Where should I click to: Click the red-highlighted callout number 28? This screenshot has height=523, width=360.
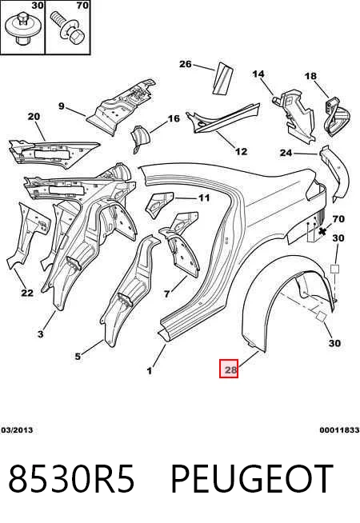coord(229,369)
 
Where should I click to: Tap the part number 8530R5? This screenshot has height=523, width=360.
coord(71,479)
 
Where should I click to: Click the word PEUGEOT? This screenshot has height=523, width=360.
coord(252,479)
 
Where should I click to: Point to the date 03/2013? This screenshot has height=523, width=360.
coord(17,430)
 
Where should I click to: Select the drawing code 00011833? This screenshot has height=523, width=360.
coord(339,430)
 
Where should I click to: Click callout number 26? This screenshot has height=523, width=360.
coord(186,64)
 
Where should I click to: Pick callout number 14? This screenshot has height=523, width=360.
coord(258,74)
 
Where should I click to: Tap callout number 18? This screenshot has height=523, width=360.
coord(310,76)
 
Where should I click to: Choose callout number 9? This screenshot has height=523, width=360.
coord(62,106)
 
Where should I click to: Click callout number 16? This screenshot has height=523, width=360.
coord(174,118)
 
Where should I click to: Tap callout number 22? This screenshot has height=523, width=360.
coord(27,293)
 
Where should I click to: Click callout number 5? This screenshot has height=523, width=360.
coord(78,356)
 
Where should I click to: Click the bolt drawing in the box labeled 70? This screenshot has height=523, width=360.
coord(68,28)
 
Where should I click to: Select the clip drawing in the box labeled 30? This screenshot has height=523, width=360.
coord(21,27)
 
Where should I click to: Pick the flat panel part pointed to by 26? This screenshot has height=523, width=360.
coord(222,78)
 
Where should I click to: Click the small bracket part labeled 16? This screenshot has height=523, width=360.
coord(141,138)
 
